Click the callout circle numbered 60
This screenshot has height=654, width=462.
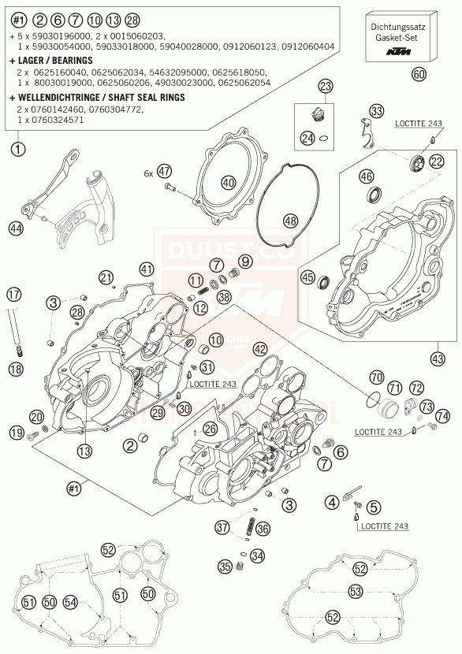coord(419,75)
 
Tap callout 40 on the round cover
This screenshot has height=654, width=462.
coord(229,183)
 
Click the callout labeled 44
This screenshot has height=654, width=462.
coord(15,229)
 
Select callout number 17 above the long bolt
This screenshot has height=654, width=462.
coord(13,295)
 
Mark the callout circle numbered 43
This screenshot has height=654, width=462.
coord(438,359)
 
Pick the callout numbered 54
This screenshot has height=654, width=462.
coord(71,602)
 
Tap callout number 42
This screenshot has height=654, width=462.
coord(259,348)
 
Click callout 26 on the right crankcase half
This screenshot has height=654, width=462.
coord(209,429)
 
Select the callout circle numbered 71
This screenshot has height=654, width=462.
coord(394,387)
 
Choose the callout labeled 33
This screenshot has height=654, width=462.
coord(378,110)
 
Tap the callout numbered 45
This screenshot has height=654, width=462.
coord(307,277)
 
